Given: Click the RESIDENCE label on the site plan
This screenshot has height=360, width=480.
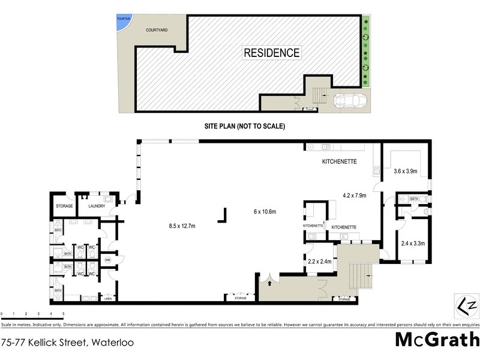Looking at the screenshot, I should pos(271,53).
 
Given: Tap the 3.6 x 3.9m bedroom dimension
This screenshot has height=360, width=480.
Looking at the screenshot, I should pos(405,172).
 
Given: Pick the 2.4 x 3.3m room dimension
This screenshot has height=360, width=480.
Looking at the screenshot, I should pos(412,244).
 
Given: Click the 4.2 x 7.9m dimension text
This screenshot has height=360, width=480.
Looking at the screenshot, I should pos(353,195).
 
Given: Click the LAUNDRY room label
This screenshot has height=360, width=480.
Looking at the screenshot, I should pos(97,206).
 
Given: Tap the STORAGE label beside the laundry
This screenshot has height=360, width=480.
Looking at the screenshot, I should pos(64,206).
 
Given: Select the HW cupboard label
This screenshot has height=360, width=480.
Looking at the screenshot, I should pos(107,260).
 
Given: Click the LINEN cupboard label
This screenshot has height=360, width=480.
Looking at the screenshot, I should pos(108,298).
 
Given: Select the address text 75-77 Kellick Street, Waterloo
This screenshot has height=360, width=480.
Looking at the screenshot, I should pos(67,343).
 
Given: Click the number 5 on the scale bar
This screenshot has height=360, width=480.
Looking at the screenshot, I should pos(64,314).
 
